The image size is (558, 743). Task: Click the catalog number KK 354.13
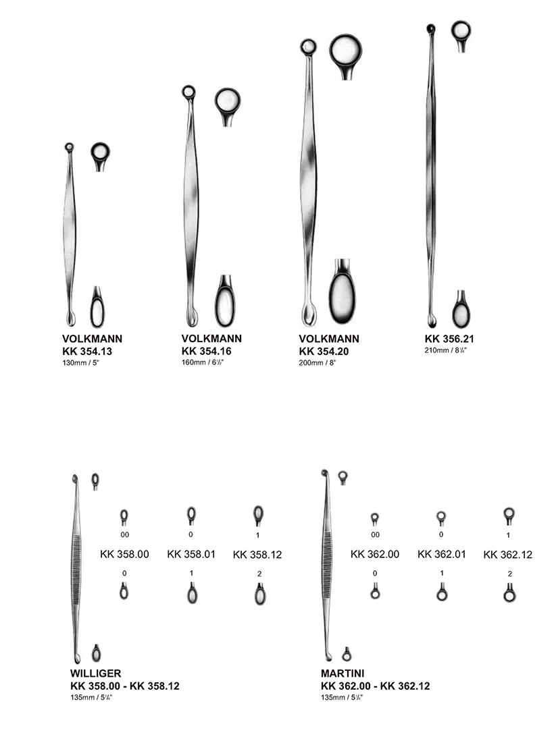click(87, 351)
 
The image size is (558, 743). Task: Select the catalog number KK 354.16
click(207, 351)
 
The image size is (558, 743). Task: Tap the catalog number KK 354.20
click(324, 351)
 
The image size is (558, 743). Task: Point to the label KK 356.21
click(449, 339)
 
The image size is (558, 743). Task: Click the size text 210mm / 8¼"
click(446, 351)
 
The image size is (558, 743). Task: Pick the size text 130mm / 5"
click(80, 363)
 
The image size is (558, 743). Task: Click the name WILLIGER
click(95, 673)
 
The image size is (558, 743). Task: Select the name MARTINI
click(343, 673)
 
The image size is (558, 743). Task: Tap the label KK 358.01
click(191, 554)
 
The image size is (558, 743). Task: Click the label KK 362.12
click(508, 555)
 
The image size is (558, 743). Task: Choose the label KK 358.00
click(124, 554)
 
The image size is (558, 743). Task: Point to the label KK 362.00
click(375, 554)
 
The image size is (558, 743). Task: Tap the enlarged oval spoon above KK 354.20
click(342, 292)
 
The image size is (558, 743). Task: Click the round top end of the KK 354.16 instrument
click(189, 92)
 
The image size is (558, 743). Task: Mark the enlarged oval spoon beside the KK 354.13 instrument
click(97, 309)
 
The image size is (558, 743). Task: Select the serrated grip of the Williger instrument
click(76, 569)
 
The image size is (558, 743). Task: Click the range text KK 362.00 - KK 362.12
click(376, 686)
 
